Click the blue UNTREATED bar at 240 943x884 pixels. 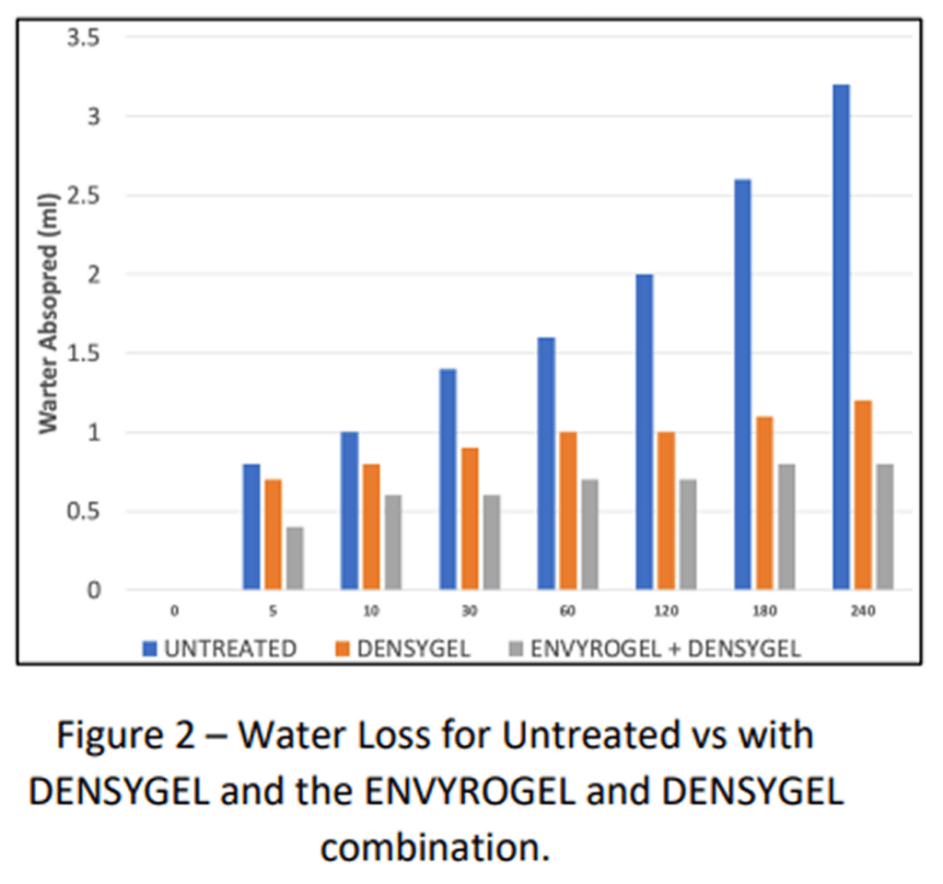pos(841,336)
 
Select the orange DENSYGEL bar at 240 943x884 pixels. pos(863,494)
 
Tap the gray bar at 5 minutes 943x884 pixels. pos(296,558)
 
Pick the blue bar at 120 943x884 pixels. pos(644,432)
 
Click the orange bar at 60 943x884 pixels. pos(568,510)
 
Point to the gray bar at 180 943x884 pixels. pos(786,526)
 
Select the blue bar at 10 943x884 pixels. pos(349,510)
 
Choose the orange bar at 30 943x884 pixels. pos(470,518)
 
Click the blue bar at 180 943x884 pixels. pos(742,384)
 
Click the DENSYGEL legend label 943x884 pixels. pos(415,648)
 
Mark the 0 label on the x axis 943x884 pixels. pos(174,611)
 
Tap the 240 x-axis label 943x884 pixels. pos(863,611)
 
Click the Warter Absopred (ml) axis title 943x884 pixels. pos(47,315)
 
